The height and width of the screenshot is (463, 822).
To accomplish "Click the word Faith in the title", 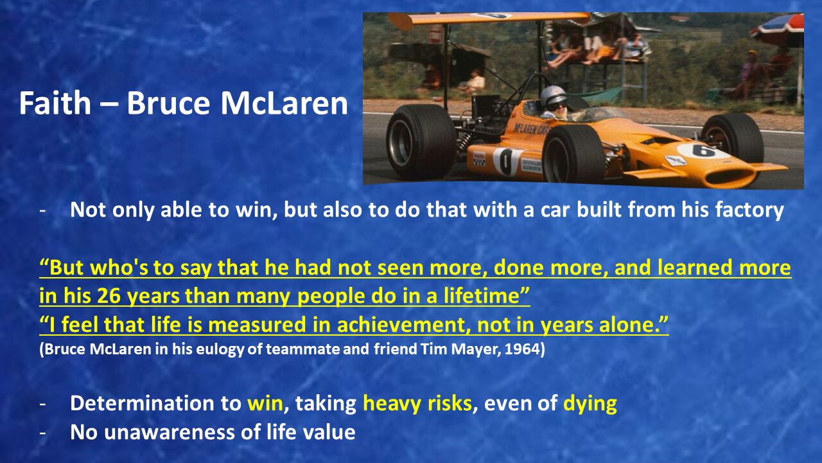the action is tap(55, 103).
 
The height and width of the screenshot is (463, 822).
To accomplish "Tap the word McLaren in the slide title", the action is tap(284, 103).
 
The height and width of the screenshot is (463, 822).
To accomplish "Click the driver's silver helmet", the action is tap(554, 96).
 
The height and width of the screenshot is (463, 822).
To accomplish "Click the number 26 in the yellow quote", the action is tap(109, 296).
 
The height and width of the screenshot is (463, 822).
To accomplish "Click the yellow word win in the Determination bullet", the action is tap(265, 403).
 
